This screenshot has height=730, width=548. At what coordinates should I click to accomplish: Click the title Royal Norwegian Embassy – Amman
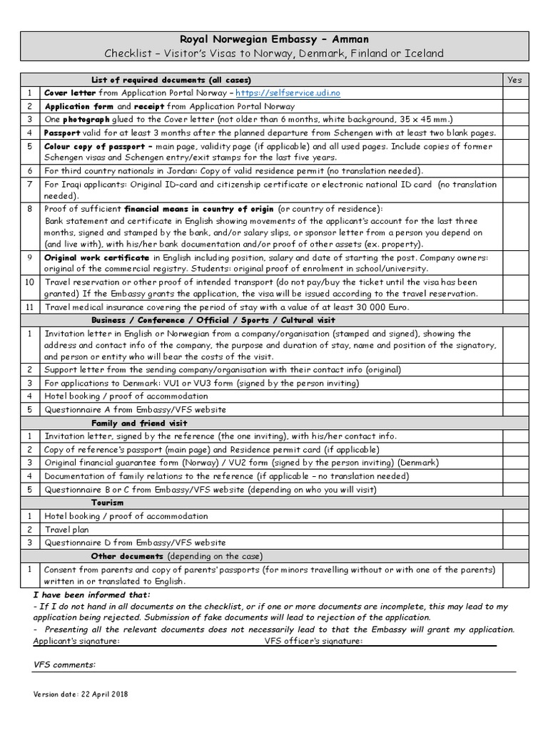coord(273,39)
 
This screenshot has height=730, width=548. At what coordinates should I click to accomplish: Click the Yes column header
coord(514,80)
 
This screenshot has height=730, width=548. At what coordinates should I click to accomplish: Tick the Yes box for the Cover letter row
coord(514,93)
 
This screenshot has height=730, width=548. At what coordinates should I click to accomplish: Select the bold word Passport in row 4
coord(62,133)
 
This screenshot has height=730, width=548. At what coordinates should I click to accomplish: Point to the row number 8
coord(30,209)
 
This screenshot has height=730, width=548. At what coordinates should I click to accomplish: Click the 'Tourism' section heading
coord(108,503)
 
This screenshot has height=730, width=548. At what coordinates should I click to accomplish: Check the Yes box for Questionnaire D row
coord(514,543)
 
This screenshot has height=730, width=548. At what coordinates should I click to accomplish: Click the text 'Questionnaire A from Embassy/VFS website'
coord(135,409)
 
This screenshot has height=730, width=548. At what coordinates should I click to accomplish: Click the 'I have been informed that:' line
coord(92,595)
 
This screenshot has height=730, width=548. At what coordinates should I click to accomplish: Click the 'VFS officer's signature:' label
coord(313,640)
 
